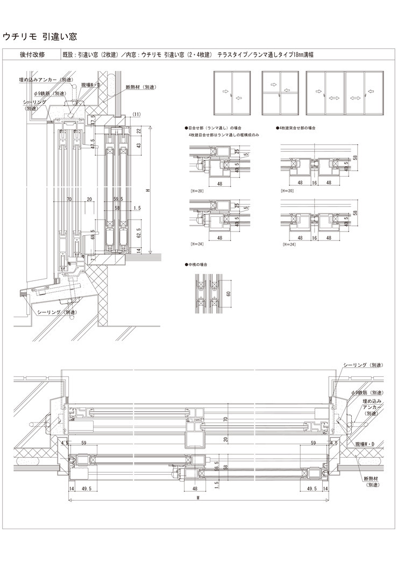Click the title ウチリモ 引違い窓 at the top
coord(40,37)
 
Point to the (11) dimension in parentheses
coord(137,114)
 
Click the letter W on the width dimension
coord(198,498)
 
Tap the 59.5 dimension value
coord(118,199)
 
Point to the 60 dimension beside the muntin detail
coord(228,293)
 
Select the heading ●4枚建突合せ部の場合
coord(296,129)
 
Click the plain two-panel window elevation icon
coord(232,92)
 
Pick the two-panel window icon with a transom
coord(280,92)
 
